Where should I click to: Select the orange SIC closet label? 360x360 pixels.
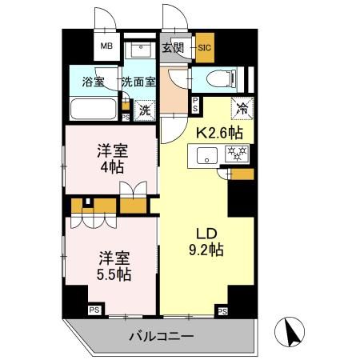pos(203,48)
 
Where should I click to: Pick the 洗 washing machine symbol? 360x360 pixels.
pos(144,109)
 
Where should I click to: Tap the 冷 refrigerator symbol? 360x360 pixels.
pos(238,105)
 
